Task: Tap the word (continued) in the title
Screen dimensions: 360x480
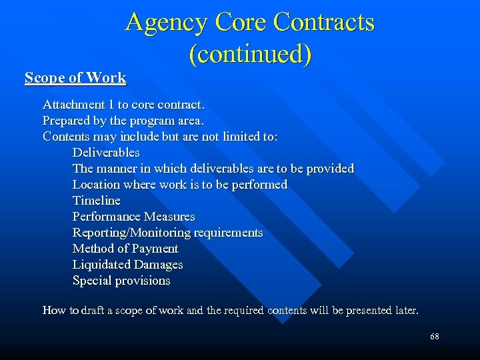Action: point(250,54)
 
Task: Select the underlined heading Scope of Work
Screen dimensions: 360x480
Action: point(75,78)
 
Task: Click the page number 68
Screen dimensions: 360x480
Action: point(435,337)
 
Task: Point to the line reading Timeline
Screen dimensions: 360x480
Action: point(97,201)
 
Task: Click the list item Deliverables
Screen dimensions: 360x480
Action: point(106,153)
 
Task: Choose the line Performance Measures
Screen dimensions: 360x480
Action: point(133,217)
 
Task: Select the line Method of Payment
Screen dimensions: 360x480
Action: point(125,249)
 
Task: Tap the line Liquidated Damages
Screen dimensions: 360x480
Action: point(127,265)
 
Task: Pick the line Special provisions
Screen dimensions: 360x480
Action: point(121,281)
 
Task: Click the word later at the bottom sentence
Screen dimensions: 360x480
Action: point(406,311)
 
